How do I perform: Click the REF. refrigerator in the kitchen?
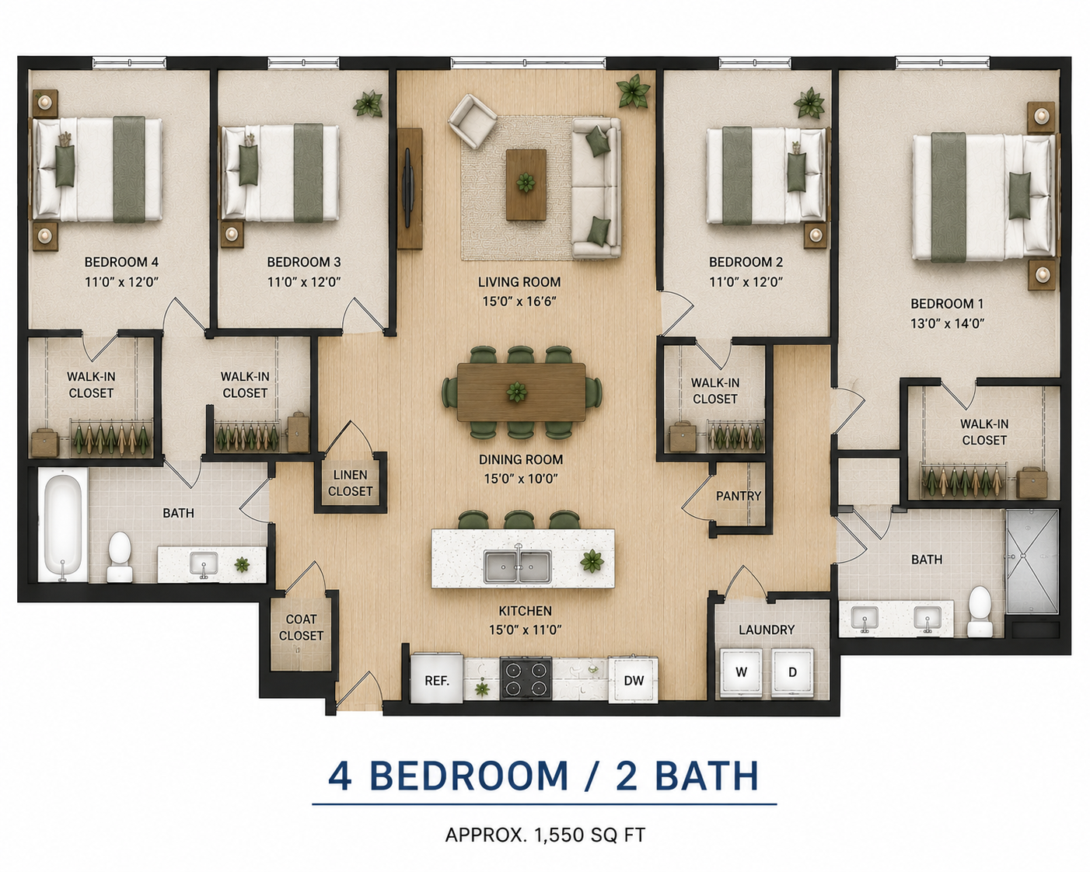tap(437, 678)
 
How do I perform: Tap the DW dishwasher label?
tap(634, 681)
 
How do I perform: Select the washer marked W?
tap(741, 672)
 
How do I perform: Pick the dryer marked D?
tap(793, 672)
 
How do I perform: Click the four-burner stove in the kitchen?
tap(526, 678)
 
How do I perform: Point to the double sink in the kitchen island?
tap(518, 567)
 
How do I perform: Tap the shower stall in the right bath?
tap(1032, 562)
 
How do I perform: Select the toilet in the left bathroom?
tap(120, 556)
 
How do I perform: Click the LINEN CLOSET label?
tap(350, 483)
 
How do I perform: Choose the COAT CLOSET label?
tap(301, 627)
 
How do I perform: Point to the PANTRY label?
tap(739, 496)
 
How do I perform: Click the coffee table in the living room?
tap(526, 185)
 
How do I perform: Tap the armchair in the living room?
tap(472, 121)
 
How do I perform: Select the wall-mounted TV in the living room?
tap(408, 188)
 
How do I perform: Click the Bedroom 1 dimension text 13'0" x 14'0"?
tap(947, 323)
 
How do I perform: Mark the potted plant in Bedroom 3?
tap(368, 104)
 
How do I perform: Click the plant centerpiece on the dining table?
tap(517, 392)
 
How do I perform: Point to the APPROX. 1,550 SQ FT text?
tap(545, 835)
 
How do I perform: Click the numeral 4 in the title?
tap(340, 776)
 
